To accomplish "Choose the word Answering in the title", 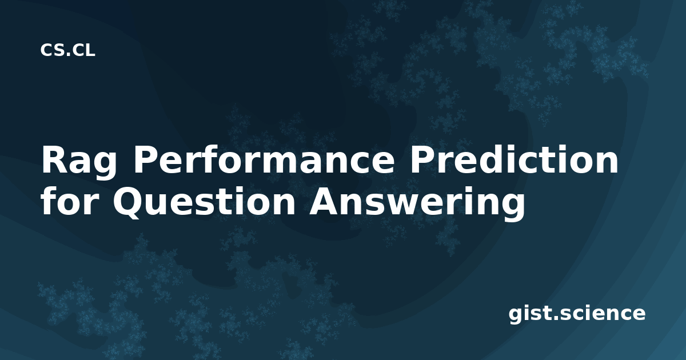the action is tap(417, 203).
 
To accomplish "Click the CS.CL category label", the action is tap(67, 50).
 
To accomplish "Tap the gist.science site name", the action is tap(577, 314).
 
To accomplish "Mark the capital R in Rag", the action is tap(53, 159).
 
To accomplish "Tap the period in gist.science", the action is tap(556, 318).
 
